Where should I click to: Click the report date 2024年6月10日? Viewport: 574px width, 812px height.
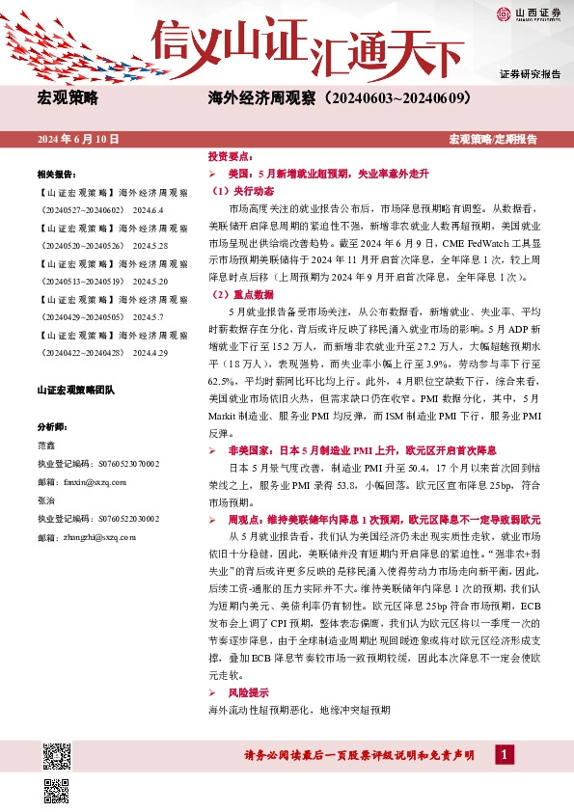[78, 140]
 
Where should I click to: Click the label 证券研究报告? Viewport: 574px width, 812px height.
[530, 74]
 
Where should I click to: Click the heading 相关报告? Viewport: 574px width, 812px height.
[56, 175]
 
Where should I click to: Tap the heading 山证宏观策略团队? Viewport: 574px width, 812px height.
[75, 390]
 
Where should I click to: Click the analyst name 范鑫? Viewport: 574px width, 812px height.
[45, 445]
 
